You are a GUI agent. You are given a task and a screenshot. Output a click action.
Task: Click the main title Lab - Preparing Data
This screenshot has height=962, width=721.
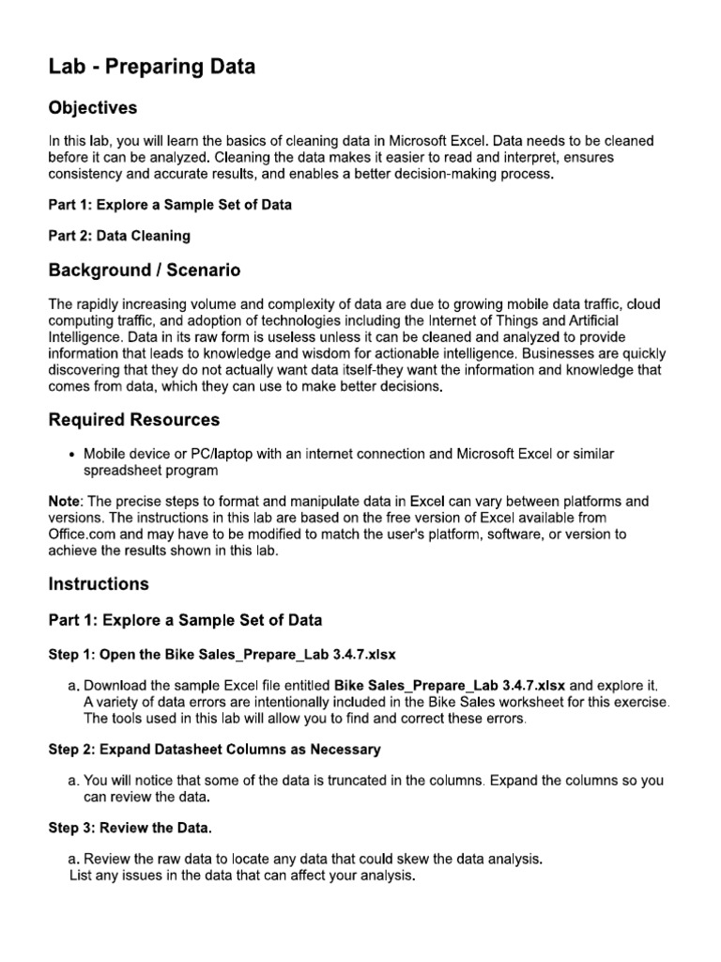[151, 67]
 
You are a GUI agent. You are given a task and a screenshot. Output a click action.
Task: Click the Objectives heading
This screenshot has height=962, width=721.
[93, 108]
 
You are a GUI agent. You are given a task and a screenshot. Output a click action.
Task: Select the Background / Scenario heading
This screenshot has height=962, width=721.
[144, 271]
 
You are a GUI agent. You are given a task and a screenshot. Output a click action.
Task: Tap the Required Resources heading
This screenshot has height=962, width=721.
[133, 420]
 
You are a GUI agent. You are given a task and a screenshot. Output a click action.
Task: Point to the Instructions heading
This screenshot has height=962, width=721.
[99, 583]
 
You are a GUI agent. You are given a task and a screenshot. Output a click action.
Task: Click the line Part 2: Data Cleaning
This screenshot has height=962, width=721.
[119, 236]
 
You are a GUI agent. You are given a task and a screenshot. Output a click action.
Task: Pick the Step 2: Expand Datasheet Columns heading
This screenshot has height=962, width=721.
[214, 749]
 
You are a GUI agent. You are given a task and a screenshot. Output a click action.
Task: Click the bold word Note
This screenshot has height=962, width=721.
[65, 502]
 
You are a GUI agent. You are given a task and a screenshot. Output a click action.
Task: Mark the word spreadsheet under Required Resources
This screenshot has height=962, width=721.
[121, 470]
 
